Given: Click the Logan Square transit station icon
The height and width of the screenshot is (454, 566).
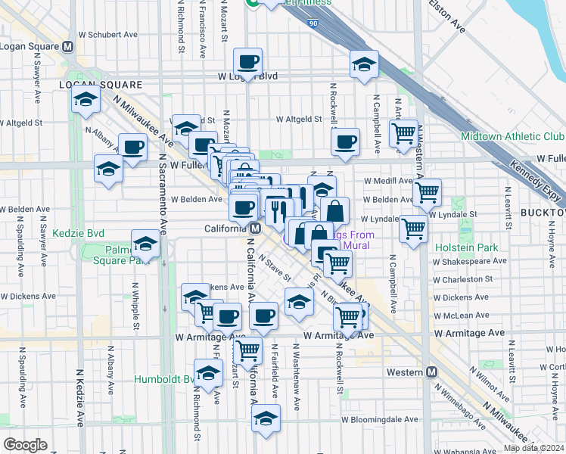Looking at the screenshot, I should click(68, 46).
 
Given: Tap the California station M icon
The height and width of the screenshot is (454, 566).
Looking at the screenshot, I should click(256, 228).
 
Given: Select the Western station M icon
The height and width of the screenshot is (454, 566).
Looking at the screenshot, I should click(432, 372).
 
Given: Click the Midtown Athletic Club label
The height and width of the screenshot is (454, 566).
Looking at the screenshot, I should click(512, 137).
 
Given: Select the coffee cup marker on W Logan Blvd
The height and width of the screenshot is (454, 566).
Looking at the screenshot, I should click(247, 62).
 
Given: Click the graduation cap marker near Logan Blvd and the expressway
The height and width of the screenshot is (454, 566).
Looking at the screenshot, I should click(364, 64).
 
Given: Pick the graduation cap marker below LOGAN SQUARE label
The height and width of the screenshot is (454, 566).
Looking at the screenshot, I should click(86, 100).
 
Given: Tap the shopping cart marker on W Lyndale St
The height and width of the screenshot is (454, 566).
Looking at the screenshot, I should click(414, 228).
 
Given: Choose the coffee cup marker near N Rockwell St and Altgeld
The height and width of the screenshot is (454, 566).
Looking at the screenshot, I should click(346, 141).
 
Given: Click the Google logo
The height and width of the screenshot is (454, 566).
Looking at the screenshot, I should click(25, 445).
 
